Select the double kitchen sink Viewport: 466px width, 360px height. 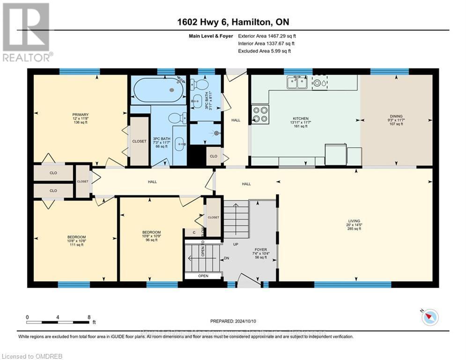(296, 82)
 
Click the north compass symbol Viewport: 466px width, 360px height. (429, 317)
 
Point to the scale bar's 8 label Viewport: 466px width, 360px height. (89, 317)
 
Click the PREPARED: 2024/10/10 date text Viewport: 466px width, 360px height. (234, 321)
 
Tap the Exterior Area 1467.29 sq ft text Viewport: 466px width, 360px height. (267, 36)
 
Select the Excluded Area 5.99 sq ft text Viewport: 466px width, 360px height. (265, 51)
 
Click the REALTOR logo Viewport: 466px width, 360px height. (27, 33)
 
